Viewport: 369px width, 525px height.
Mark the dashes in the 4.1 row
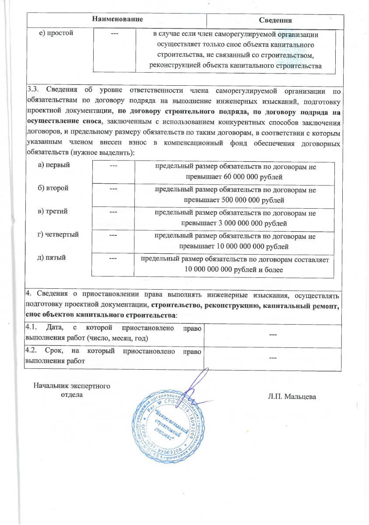click(x=272, y=335)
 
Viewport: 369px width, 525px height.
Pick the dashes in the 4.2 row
click(x=272, y=358)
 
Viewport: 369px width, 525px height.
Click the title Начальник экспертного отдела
click(x=72, y=389)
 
